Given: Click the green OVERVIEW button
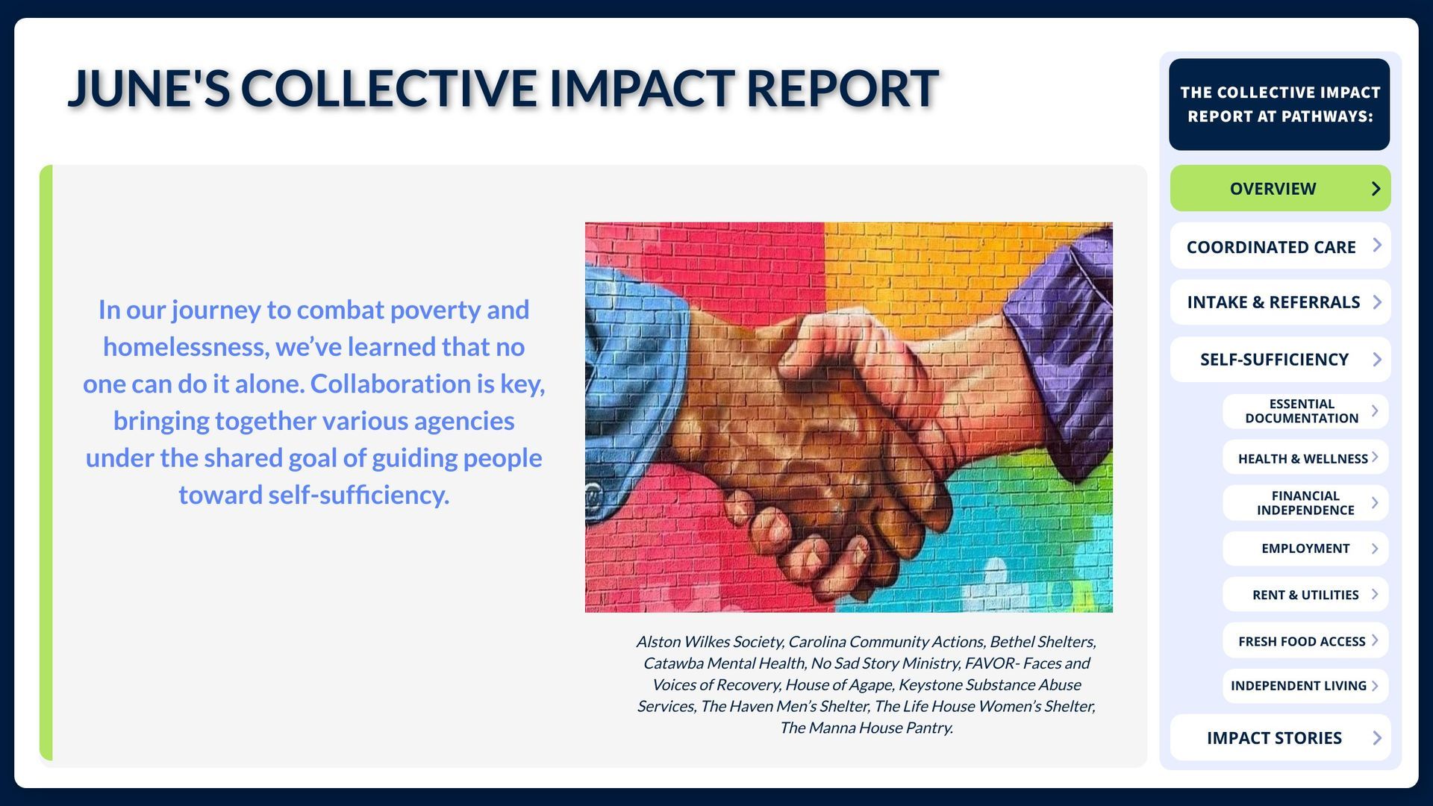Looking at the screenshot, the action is tap(1280, 188).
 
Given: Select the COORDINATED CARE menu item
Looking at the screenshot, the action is tap(1280, 246).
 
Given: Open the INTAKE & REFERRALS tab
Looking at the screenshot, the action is tap(1280, 302).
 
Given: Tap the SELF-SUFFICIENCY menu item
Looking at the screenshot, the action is tap(1280, 359).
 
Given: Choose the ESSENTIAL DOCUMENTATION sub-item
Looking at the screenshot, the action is tap(1305, 411).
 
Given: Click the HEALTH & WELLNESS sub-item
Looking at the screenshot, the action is tap(1305, 457).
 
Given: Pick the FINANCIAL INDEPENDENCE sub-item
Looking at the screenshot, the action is tap(1305, 503).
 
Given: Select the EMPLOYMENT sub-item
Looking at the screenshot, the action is tap(1305, 549).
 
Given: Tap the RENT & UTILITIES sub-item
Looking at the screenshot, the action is tap(1305, 595).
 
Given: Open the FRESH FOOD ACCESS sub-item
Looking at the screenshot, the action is tap(1305, 640).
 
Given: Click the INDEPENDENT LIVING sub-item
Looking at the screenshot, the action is tap(1305, 686).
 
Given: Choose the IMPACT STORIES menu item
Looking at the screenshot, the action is tap(1280, 737).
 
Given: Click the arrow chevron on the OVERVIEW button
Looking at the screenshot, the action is tap(1376, 189).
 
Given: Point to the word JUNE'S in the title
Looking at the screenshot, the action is tap(149, 88).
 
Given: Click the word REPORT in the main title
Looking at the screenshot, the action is tap(842, 88).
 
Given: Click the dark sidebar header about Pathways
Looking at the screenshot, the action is tap(1279, 104).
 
